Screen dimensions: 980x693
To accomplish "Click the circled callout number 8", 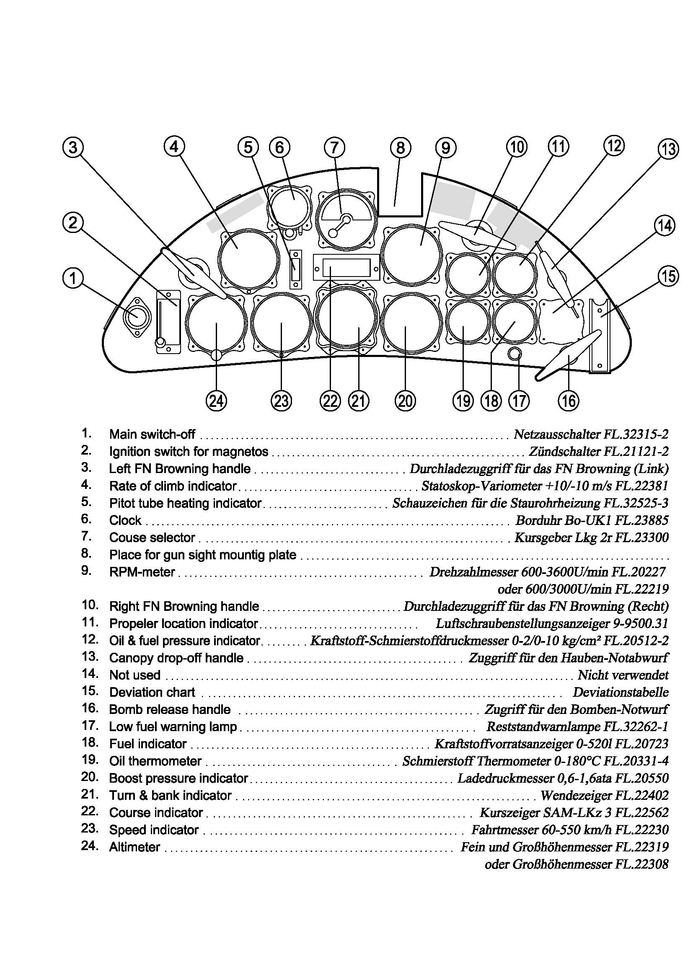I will click(400, 147).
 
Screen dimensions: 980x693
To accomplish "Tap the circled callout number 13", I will click(668, 149).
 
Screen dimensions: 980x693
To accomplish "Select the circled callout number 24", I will click(216, 401).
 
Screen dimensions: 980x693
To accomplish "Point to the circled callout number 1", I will click(73, 278).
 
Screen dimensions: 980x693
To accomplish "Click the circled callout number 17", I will click(519, 401).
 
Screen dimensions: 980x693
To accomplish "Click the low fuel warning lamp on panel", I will click(515, 354).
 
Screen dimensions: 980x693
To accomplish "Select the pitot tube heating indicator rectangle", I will click(295, 270).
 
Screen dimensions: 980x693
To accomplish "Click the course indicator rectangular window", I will click(346, 268).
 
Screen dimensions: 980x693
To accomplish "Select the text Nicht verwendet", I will click(623, 675).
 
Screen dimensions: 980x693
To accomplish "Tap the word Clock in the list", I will click(125, 520).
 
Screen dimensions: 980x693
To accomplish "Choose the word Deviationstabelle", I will click(621, 692).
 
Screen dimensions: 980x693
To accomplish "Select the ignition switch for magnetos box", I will click(168, 322).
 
